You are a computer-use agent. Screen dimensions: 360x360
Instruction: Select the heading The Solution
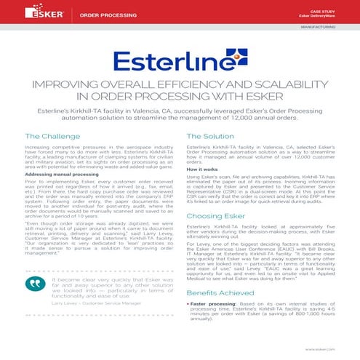click(x=210, y=137)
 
